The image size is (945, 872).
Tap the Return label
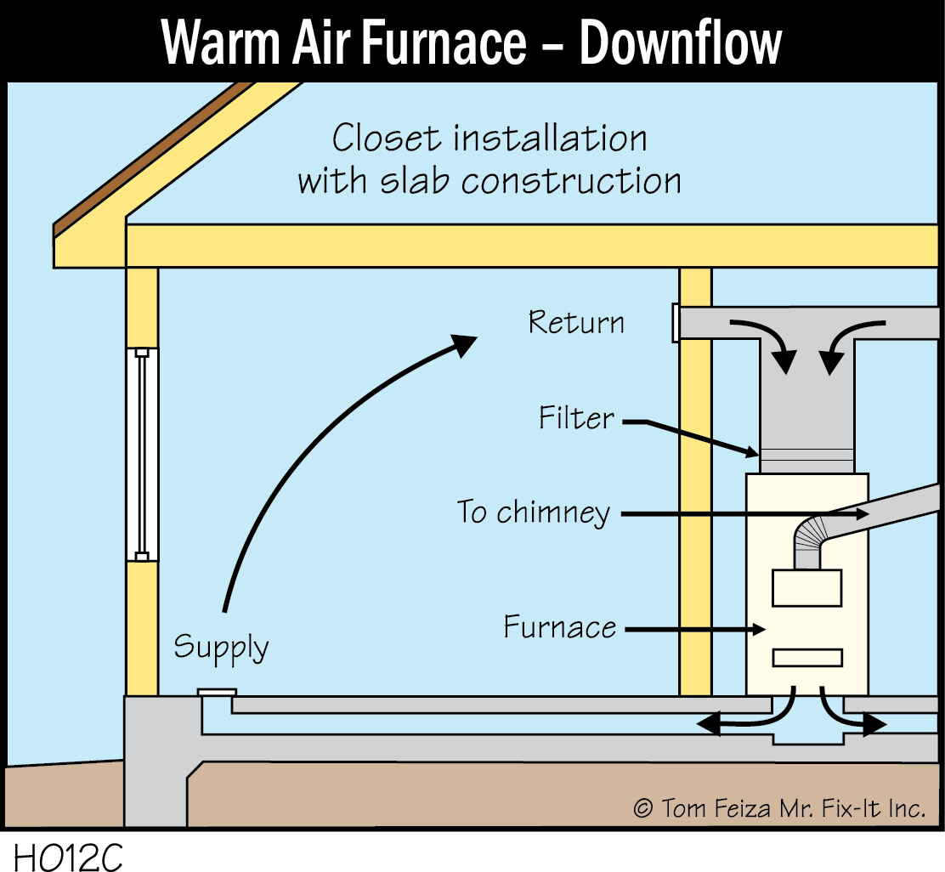pos(576,323)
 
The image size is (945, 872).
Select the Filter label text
pos(576,418)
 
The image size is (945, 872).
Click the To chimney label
pos(534,513)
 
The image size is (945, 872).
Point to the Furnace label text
pos(560,628)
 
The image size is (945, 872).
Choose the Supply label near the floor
pos(221,648)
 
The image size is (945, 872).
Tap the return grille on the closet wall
pos(676,323)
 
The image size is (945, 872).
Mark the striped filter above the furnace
pos(806,460)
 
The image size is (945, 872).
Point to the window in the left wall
pos(142,455)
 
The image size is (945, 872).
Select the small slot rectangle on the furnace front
pos(806,658)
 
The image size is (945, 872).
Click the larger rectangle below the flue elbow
pos(806,587)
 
